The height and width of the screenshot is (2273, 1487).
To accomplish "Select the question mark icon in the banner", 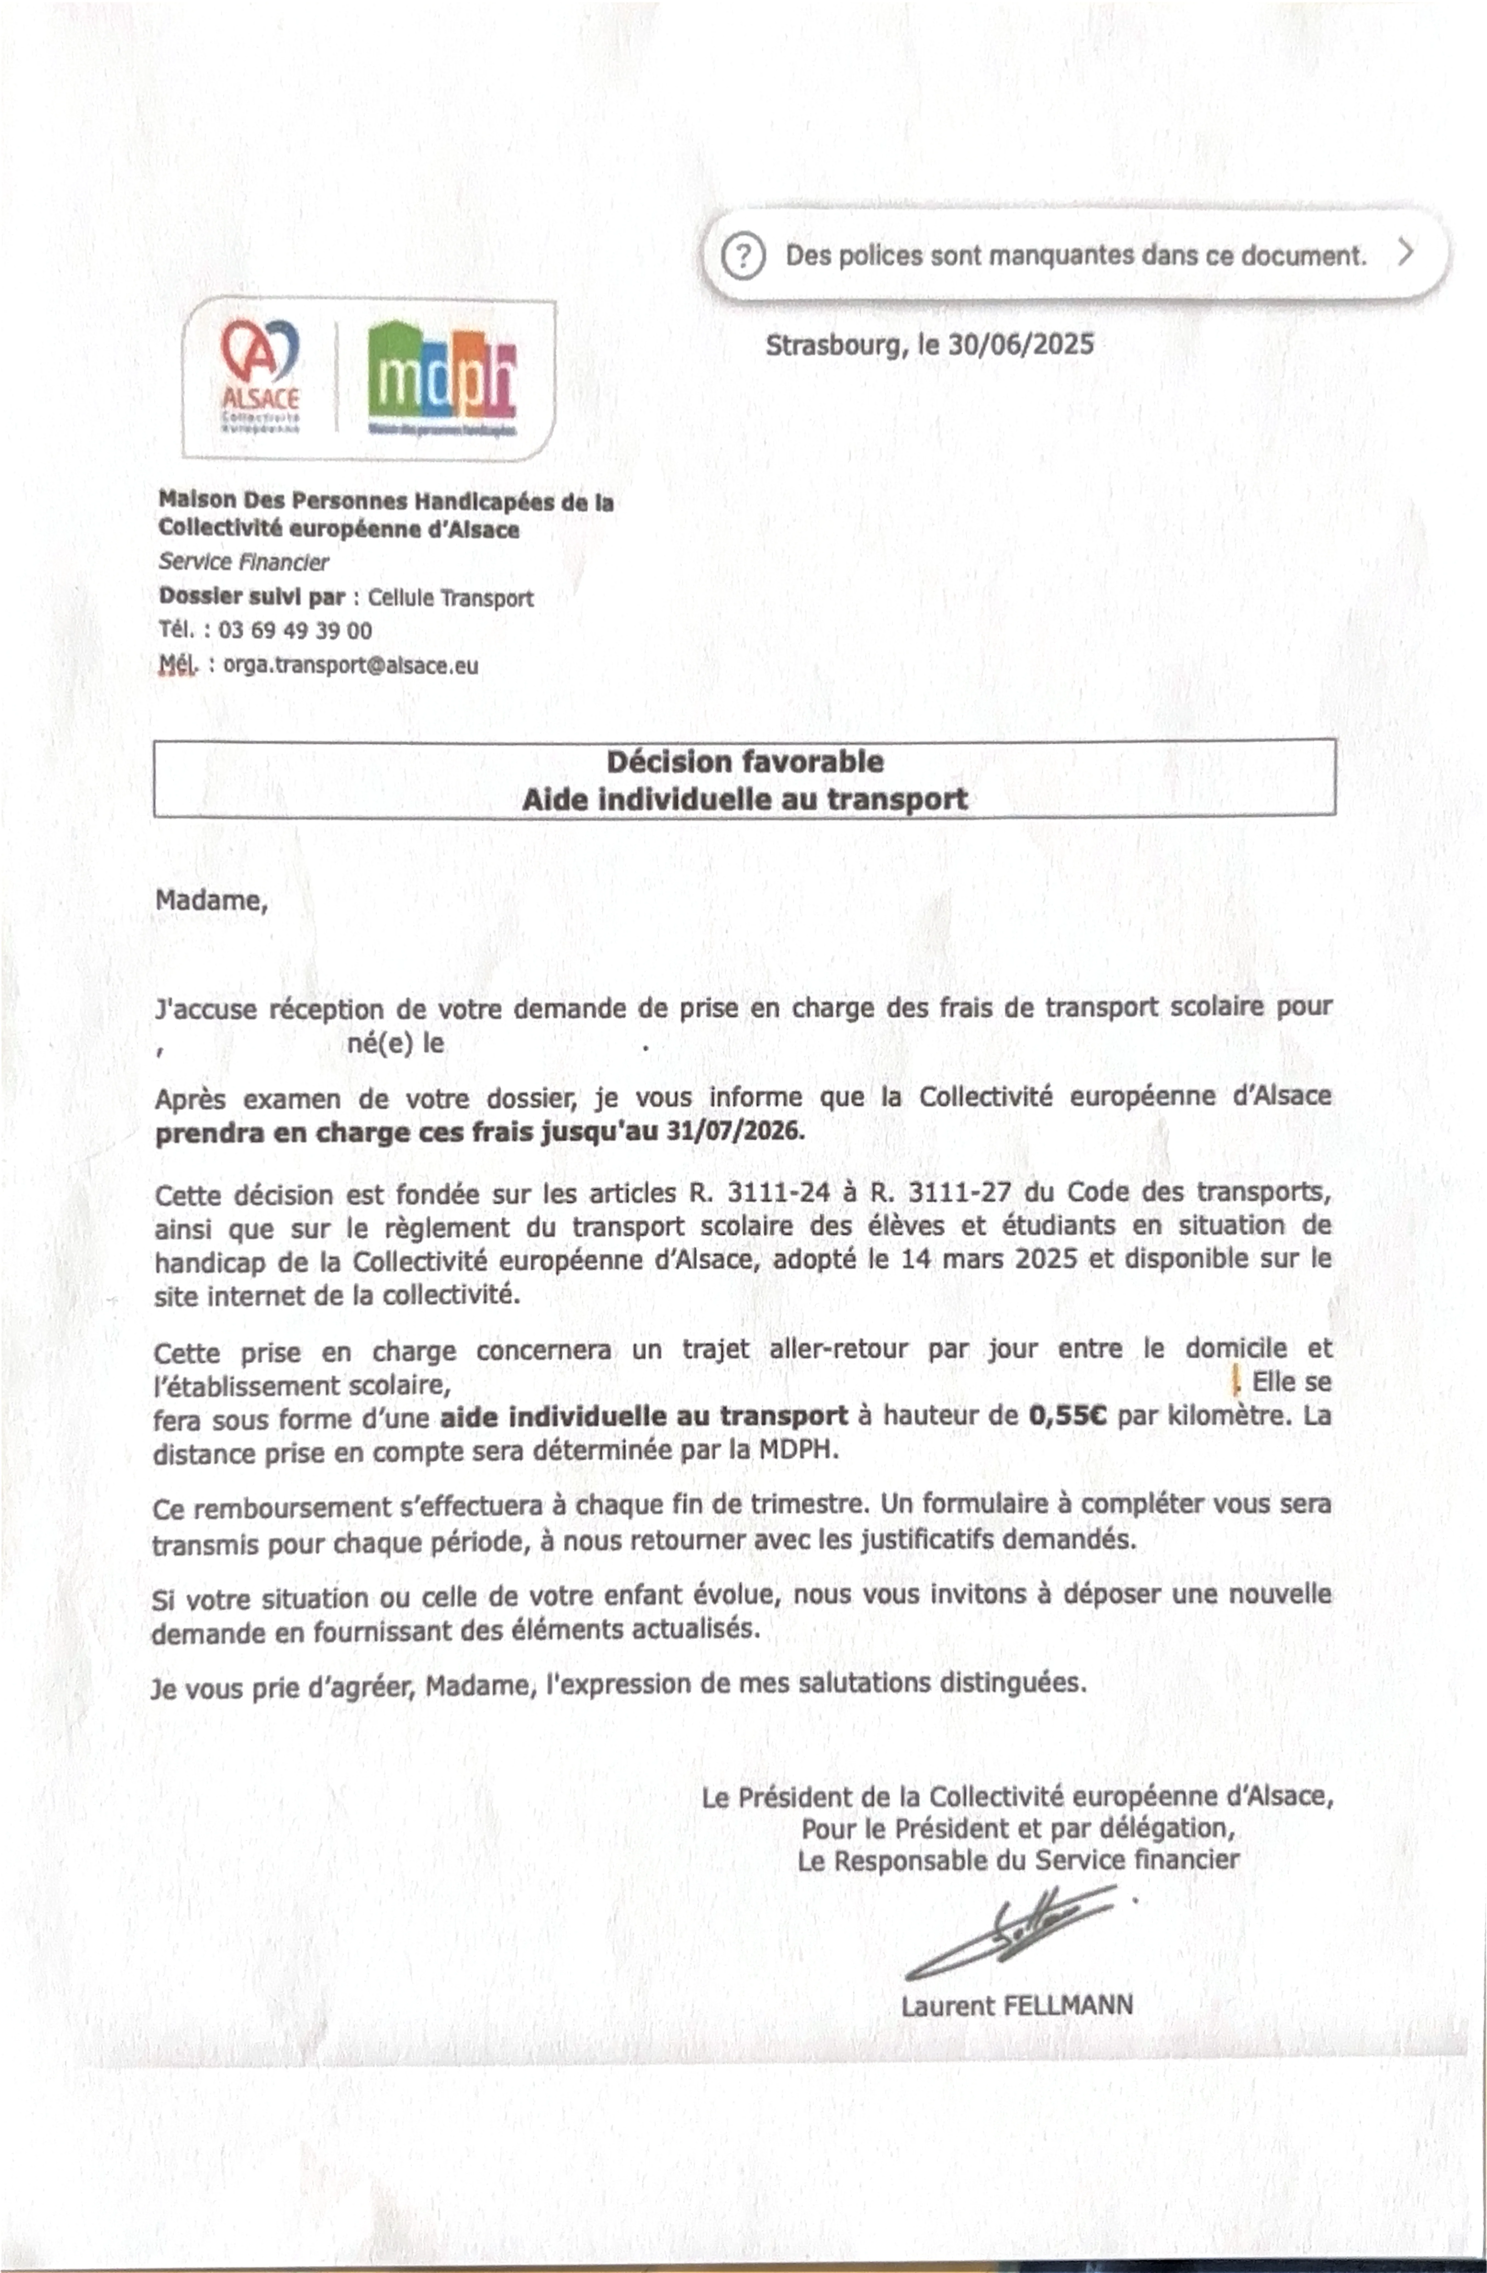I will tap(743, 256).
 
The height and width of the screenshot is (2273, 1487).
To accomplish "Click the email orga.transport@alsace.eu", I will tap(351, 666).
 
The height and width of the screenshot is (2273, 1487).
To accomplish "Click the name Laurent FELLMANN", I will tap(1016, 2005).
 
